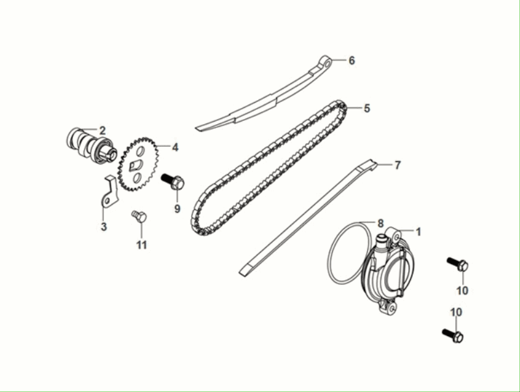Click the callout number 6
pos(352,60)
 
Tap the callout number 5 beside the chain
pos(367,109)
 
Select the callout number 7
pos(397,165)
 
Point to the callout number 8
pos(380,223)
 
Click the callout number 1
pos(419,232)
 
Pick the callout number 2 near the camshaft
pos(103,130)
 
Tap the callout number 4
pos(175,148)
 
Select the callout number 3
pos(104,227)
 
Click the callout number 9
pos(177,209)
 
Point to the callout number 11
pos(142,245)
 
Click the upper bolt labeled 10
pos(458,264)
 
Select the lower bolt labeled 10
pos(452,335)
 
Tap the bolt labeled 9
pos(173,181)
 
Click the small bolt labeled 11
pos(139,216)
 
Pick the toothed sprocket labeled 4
pos(138,165)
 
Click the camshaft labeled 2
pos(91,144)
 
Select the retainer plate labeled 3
pos(109,192)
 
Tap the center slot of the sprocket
pos(136,165)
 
